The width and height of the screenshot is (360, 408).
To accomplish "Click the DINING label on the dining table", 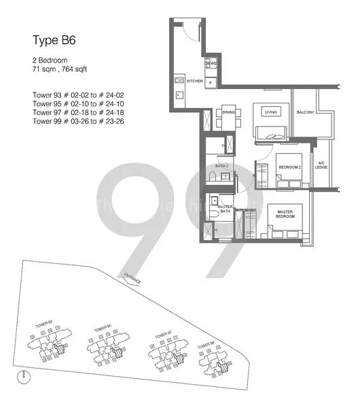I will click(229, 113).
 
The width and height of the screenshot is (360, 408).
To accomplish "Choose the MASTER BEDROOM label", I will click(284, 214).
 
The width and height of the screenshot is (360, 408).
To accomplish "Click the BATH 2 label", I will click(221, 166).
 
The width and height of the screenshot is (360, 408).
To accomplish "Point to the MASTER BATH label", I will click(225, 209).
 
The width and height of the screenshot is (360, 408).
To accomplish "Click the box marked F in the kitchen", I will click(211, 83).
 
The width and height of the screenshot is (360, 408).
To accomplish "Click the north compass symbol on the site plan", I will click(24, 375).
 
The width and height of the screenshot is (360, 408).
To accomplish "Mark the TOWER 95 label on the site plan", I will click(103, 328).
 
